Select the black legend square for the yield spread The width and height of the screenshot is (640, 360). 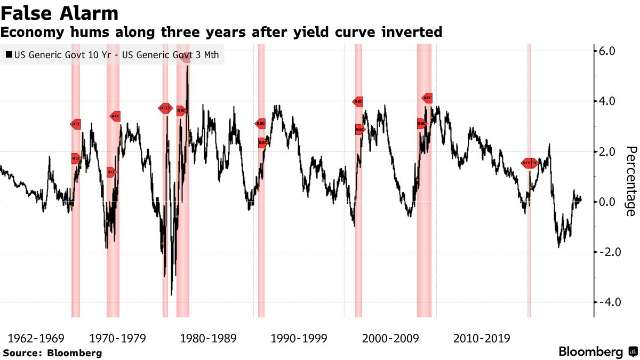click(9, 54)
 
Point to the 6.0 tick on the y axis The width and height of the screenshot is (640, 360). click(608, 51)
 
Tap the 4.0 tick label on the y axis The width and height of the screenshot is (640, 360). click(608, 101)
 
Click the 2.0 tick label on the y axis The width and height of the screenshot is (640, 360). click(608, 151)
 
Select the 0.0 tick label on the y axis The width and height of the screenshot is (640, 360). click(608, 202)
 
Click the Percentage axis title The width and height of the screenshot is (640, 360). click(630, 181)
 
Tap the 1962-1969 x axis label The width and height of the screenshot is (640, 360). click(36, 338)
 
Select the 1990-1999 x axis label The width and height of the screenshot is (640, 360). click(299, 338)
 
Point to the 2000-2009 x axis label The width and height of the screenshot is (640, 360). click(390, 338)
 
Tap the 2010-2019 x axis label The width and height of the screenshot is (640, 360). click(481, 338)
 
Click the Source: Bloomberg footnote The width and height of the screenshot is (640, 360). click(52, 353)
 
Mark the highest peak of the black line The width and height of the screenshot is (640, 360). click(187, 67)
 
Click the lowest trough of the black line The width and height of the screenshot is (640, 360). click(171, 294)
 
